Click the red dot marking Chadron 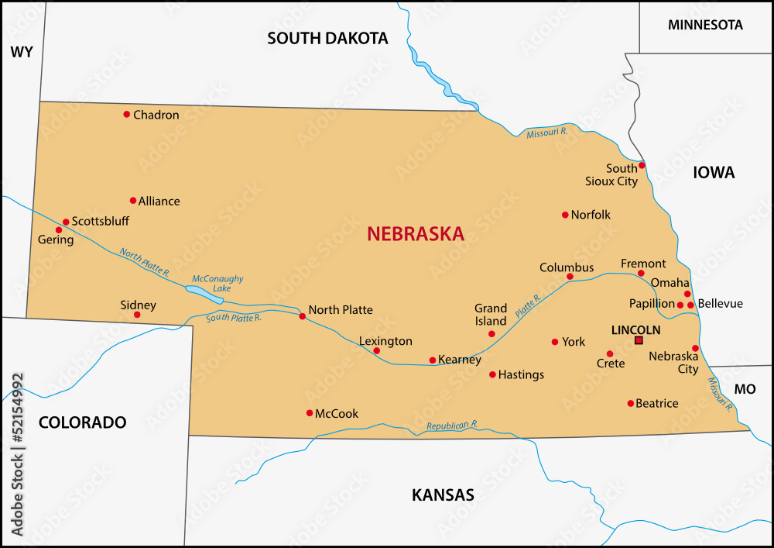(x=127, y=115)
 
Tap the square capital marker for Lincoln (x=639, y=340)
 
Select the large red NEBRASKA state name (x=416, y=233)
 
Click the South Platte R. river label (x=234, y=317)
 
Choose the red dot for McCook (x=310, y=413)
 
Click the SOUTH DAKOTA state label (x=327, y=38)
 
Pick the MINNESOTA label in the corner (x=705, y=25)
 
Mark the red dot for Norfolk (x=565, y=215)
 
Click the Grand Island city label (x=491, y=315)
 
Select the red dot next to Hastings (x=492, y=374)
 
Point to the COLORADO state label (x=82, y=422)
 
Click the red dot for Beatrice (x=631, y=403)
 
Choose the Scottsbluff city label (x=101, y=221)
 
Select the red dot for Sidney (x=137, y=315)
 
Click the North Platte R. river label (x=145, y=263)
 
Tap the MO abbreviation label (x=745, y=389)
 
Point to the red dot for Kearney (x=433, y=360)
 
